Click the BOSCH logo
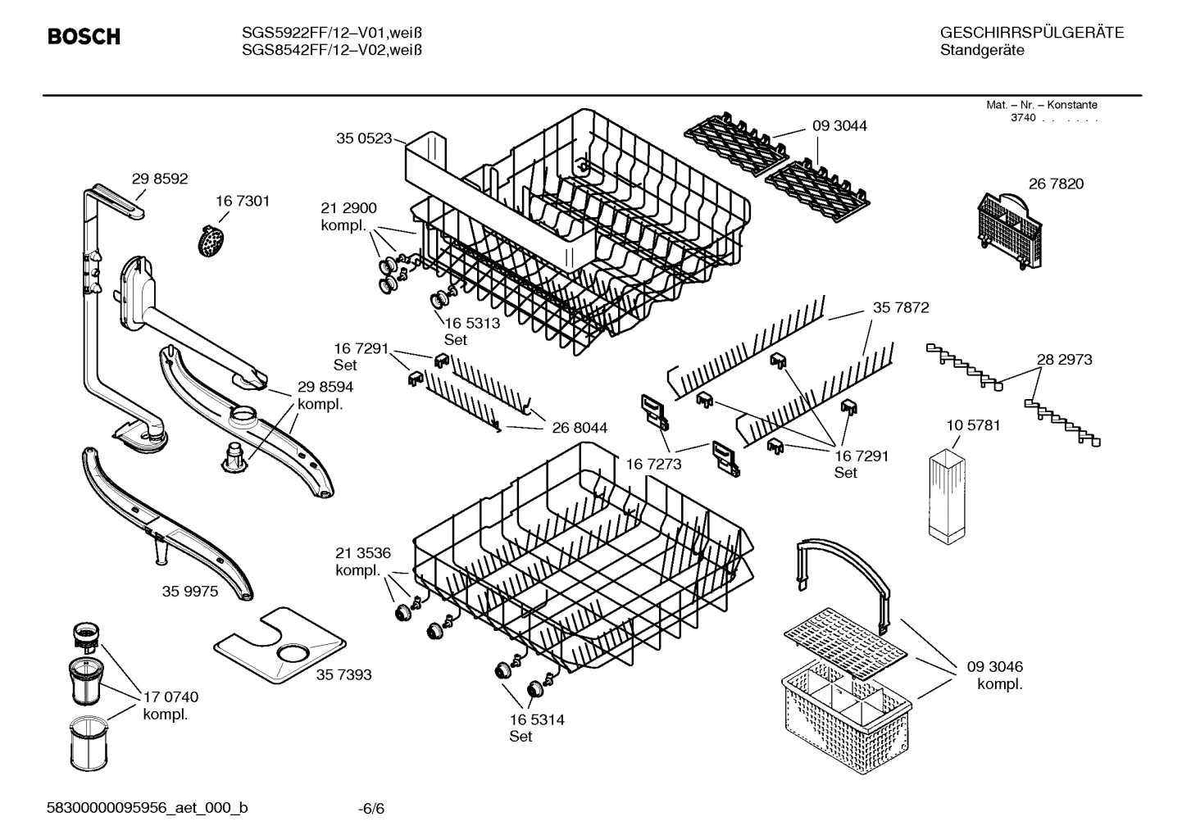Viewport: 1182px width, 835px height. tap(84, 37)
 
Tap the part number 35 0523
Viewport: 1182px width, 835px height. tap(364, 138)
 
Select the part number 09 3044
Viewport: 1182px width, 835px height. tap(839, 125)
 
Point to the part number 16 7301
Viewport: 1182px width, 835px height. tap(243, 201)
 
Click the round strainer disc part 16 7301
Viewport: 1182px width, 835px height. tap(212, 241)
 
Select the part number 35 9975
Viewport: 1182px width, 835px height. tap(190, 591)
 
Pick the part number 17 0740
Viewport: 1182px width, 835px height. tap(170, 697)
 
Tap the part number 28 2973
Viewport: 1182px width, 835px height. tap(1064, 359)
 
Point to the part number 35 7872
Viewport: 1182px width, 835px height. tap(901, 307)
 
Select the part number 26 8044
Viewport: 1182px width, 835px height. tap(580, 427)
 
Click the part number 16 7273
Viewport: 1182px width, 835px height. tap(653, 464)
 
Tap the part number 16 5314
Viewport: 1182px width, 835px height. tap(536, 719)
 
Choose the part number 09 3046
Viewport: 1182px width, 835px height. tap(995, 666)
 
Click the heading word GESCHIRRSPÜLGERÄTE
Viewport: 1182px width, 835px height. tap(1031, 33)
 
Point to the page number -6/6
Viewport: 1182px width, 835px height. tap(371, 809)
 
